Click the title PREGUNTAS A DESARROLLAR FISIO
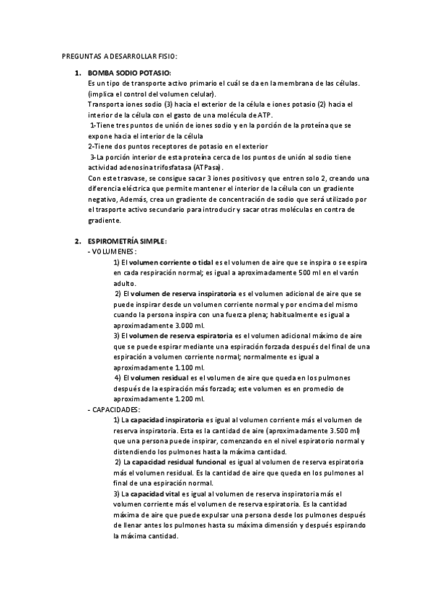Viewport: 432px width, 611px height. point(119,56)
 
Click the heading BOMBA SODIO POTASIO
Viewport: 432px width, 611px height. point(129,73)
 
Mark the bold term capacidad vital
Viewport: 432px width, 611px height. point(153,493)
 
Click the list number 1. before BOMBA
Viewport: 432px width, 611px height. point(79,73)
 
